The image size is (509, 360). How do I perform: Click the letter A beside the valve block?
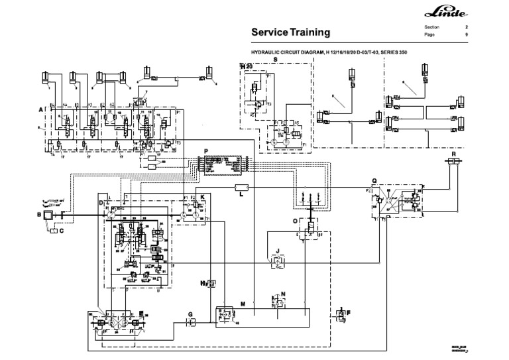pyautogui.click(x=40, y=108)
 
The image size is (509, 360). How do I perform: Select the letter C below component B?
pyautogui.click(x=61, y=231)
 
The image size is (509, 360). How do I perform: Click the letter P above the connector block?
pyautogui.click(x=207, y=152)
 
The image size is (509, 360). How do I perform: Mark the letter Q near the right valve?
pyautogui.click(x=374, y=179)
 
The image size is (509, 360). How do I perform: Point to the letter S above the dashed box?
pyautogui.click(x=275, y=59)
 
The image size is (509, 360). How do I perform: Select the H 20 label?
pyautogui.click(x=246, y=66)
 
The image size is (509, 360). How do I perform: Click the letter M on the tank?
pyautogui.click(x=243, y=303)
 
